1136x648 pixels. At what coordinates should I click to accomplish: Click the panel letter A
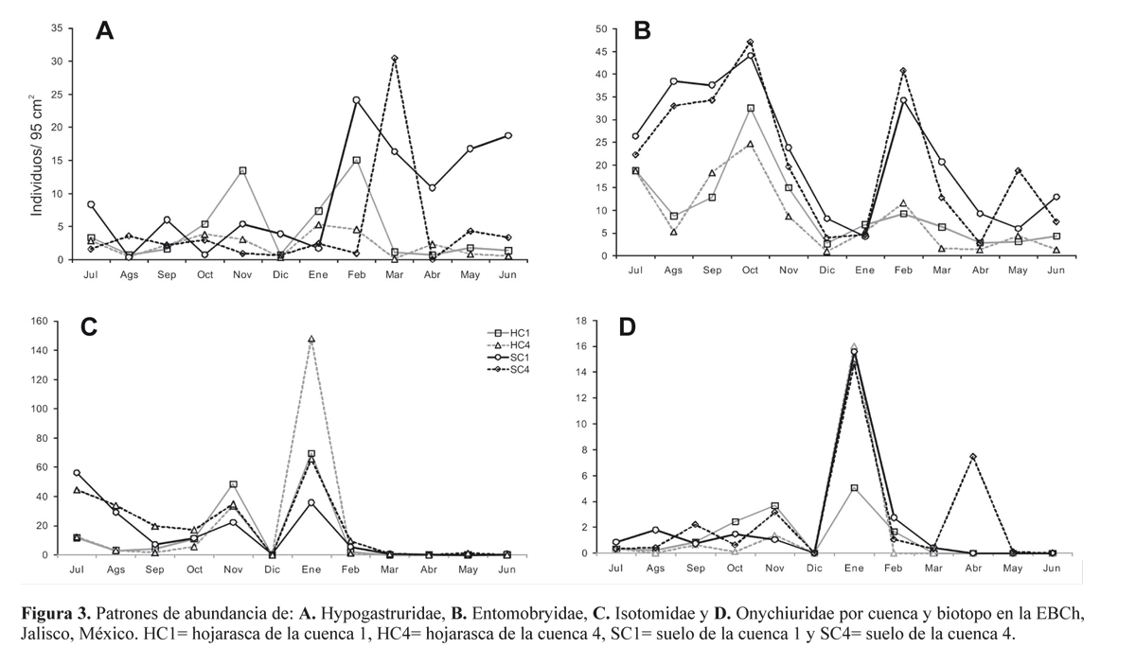coord(104,31)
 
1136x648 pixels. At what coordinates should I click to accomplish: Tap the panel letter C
coord(89,326)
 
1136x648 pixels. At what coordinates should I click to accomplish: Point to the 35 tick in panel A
coord(58,28)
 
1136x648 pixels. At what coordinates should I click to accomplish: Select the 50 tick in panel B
coord(599,28)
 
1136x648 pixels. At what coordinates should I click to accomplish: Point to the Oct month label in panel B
coord(751,270)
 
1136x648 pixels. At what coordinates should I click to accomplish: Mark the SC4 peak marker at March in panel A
coord(394,59)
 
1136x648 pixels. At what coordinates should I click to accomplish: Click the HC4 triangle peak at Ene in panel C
coord(311,339)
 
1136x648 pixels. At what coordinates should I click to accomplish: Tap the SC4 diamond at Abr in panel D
coord(972,457)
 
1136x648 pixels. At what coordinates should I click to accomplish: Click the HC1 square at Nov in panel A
coord(242,170)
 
